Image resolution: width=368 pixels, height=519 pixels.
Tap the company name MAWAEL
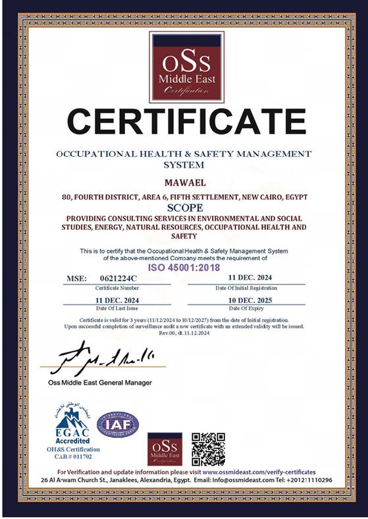pyautogui.click(x=184, y=180)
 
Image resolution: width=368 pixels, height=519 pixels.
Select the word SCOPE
pyautogui.click(x=184, y=206)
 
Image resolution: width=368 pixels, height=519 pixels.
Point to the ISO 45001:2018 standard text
pyautogui.click(x=184, y=268)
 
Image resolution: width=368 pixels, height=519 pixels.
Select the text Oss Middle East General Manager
pyautogui.click(x=99, y=383)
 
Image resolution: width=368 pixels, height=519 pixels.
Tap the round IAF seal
pyautogui.click(x=118, y=424)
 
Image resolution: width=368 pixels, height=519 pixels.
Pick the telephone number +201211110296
pyautogui.click(x=305, y=481)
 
